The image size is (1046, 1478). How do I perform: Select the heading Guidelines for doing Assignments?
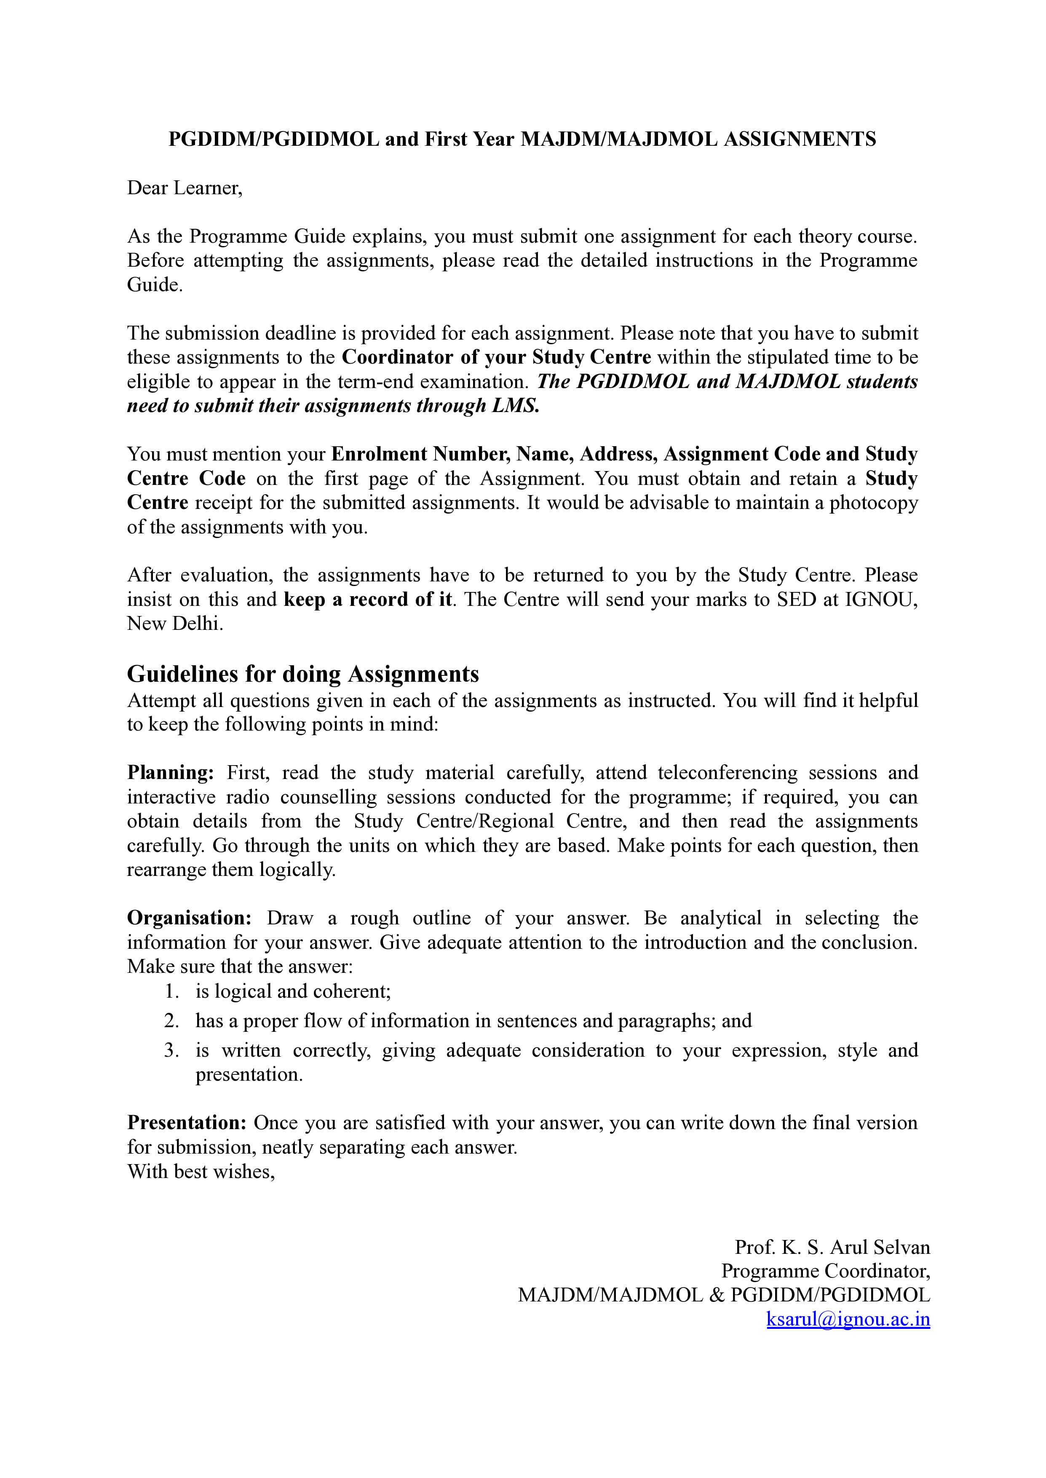click(303, 674)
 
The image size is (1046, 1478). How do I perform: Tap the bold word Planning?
click(170, 772)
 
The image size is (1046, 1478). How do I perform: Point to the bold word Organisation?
click(190, 918)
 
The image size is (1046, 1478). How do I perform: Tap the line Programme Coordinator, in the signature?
click(826, 1271)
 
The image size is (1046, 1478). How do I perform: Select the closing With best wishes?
click(201, 1171)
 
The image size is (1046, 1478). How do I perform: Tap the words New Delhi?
click(174, 624)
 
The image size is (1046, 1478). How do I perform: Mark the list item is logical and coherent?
click(293, 991)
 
